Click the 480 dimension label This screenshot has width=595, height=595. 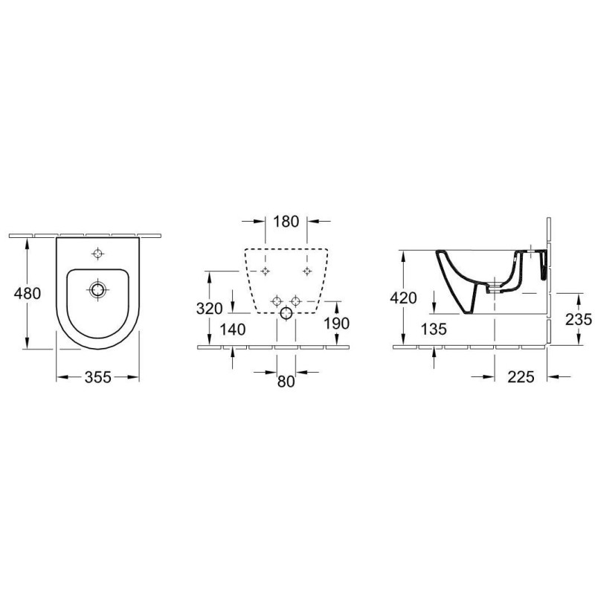[28, 293]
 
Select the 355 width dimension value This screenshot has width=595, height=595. [98, 377]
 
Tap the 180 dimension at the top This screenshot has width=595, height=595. [286, 221]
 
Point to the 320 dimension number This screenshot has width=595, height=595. [210, 309]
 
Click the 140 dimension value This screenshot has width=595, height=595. [233, 329]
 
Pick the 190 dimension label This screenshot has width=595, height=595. [337, 324]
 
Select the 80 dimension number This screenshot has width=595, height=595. [286, 382]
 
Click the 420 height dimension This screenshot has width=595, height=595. [403, 298]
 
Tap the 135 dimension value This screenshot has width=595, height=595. [434, 329]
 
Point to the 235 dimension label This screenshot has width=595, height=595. [579, 320]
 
